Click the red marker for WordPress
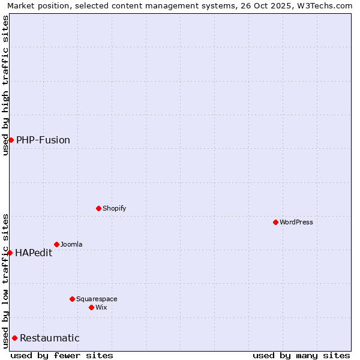coord(275,222)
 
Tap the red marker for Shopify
coord(98,208)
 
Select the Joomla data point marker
coord(56,244)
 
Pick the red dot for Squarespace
coord(72,299)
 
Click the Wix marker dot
coord(91,307)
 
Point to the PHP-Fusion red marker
coord(11,140)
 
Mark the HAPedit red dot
coord(10,253)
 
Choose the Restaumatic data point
coord(14,338)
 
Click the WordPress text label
coord(296,222)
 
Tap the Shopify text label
coord(114,208)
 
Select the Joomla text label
coord(71,244)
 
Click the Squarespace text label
coord(97,299)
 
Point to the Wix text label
coord(101,307)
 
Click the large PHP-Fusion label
coord(43,140)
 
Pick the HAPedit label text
coord(34,253)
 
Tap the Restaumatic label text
coord(50,338)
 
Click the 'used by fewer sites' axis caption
coord(62,355)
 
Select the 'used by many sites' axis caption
coord(301,355)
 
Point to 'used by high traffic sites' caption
coord(5,85)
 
